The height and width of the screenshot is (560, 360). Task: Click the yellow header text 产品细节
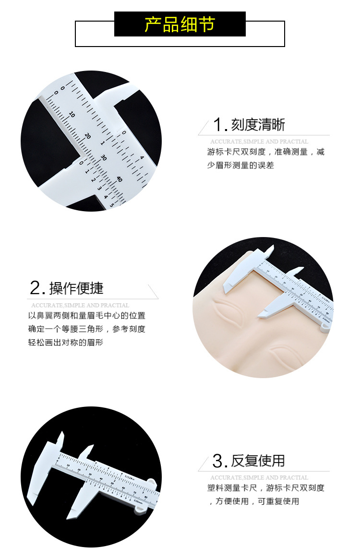[x=180, y=24]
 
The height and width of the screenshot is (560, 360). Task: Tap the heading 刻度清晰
[x=258, y=125]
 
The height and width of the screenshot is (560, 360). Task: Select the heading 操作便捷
[x=76, y=288]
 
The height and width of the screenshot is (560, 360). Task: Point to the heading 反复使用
[x=258, y=461]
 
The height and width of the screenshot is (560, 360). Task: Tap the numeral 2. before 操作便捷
[x=37, y=289]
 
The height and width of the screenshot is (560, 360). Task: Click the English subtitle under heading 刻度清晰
[x=259, y=142]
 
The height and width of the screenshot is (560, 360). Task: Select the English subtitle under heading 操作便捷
[x=80, y=305]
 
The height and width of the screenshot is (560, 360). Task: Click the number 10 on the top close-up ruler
[x=72, y=115]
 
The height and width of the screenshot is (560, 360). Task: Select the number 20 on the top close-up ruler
[x=87, y=136]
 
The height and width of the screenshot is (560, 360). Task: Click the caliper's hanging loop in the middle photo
[x=325, y=328]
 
